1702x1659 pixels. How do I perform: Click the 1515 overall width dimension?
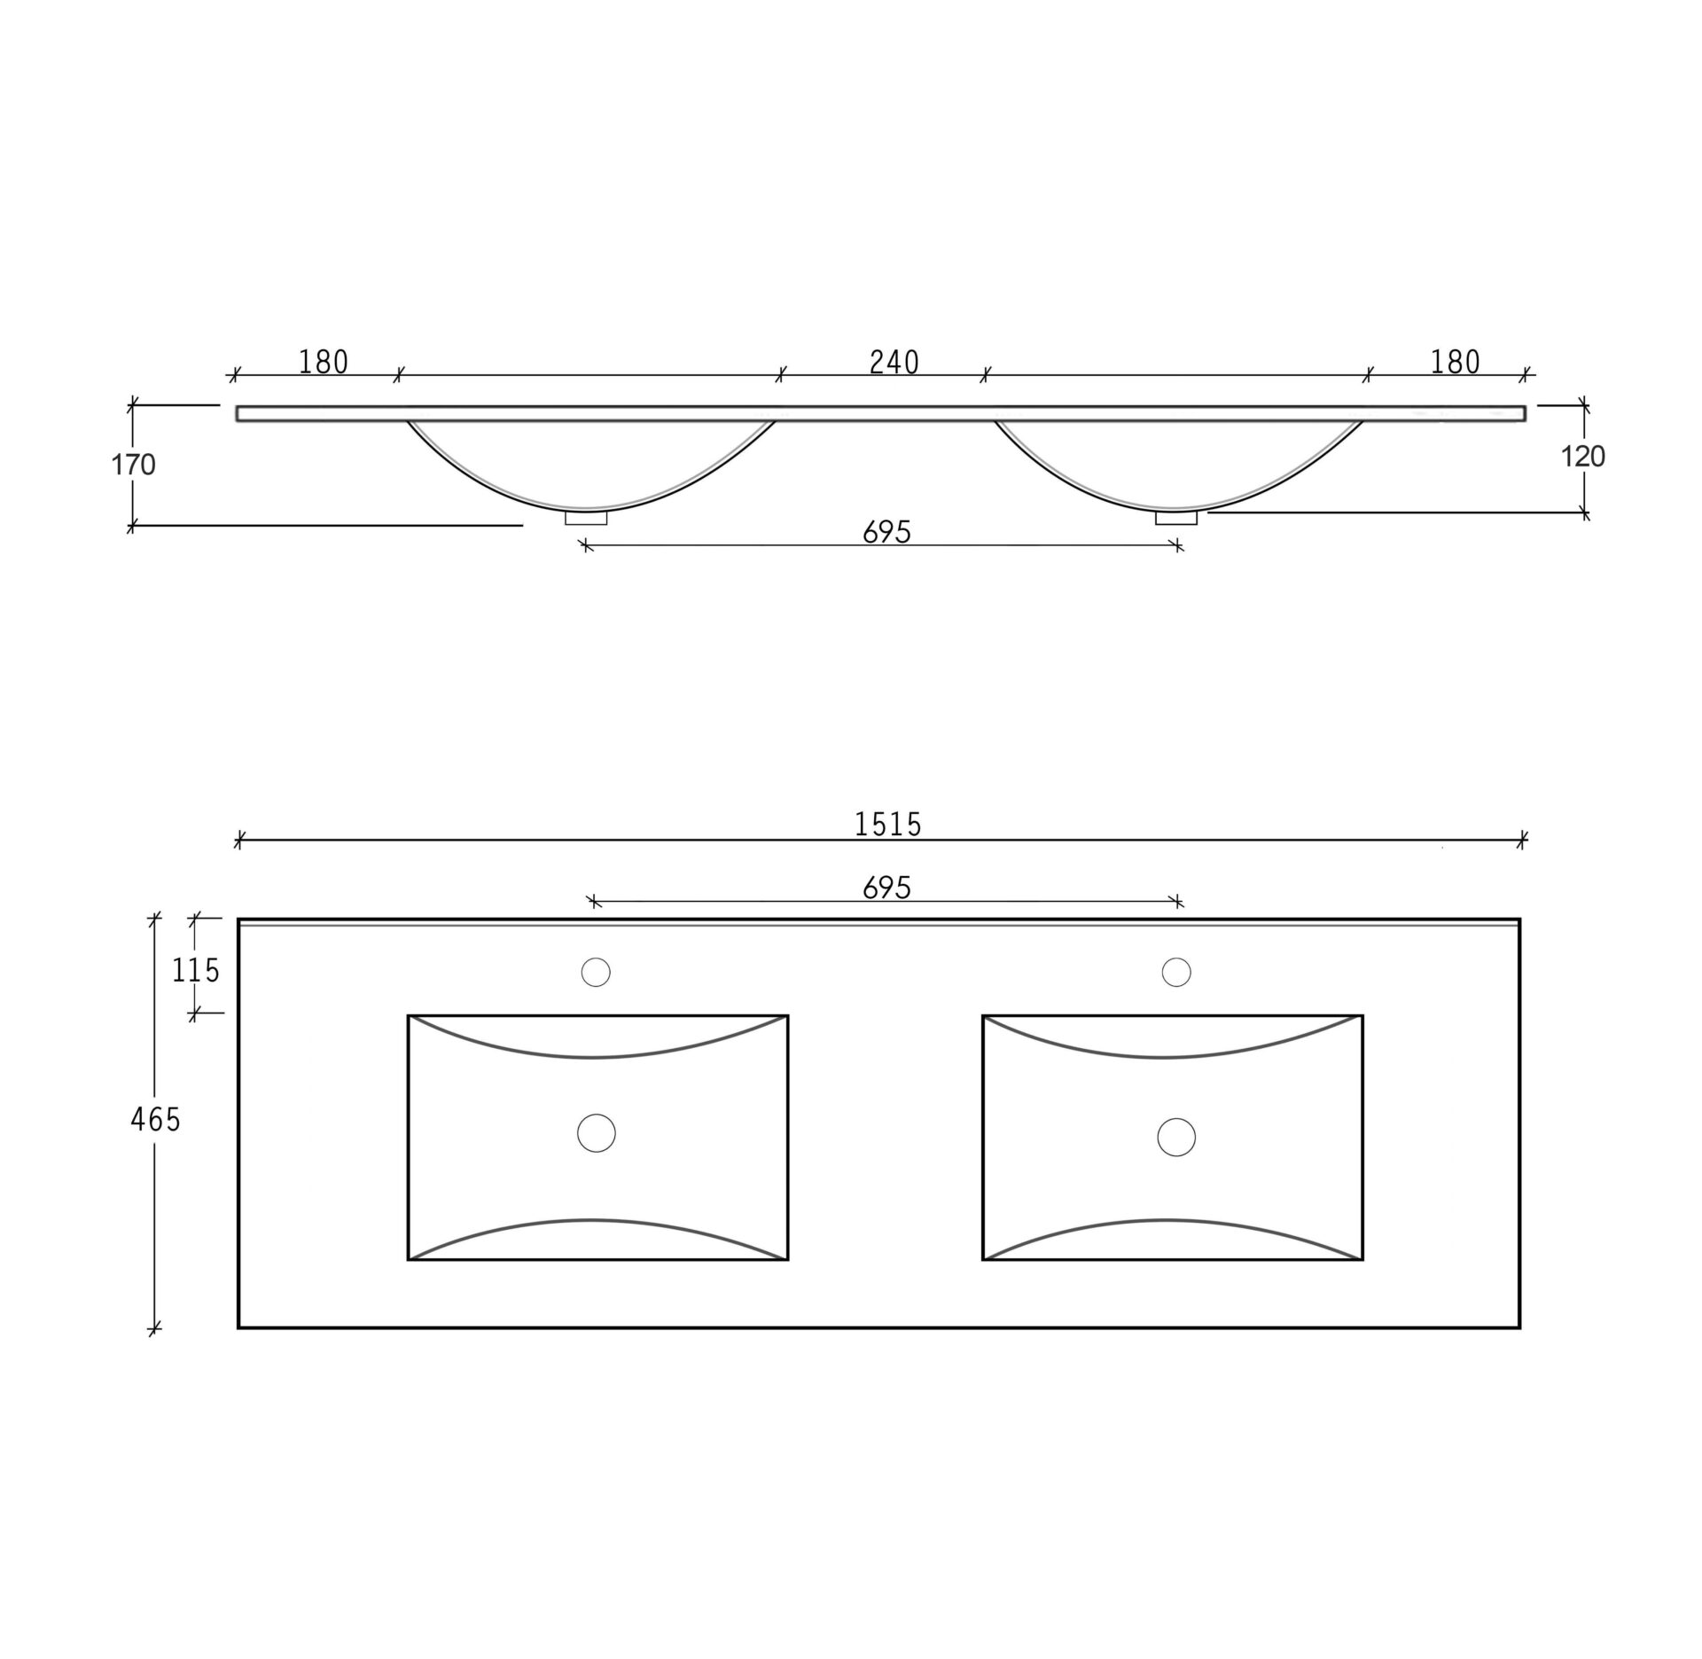(x=888, y=825)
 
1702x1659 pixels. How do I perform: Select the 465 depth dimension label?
(x=155, y=1120)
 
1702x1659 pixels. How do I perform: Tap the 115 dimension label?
(x=195, y=971)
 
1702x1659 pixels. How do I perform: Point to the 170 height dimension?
(x=133, y=464)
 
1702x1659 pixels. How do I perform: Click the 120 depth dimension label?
(x=1582, y=457)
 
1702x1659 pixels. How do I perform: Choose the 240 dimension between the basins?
(x=894, y=362)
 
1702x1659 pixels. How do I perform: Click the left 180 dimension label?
(x=324, y=362)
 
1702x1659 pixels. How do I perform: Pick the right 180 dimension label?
(x=1456, y=362)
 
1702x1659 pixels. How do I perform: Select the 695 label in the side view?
(x=886, y=532)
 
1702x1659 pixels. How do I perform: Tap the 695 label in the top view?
(x=886, y=888)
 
